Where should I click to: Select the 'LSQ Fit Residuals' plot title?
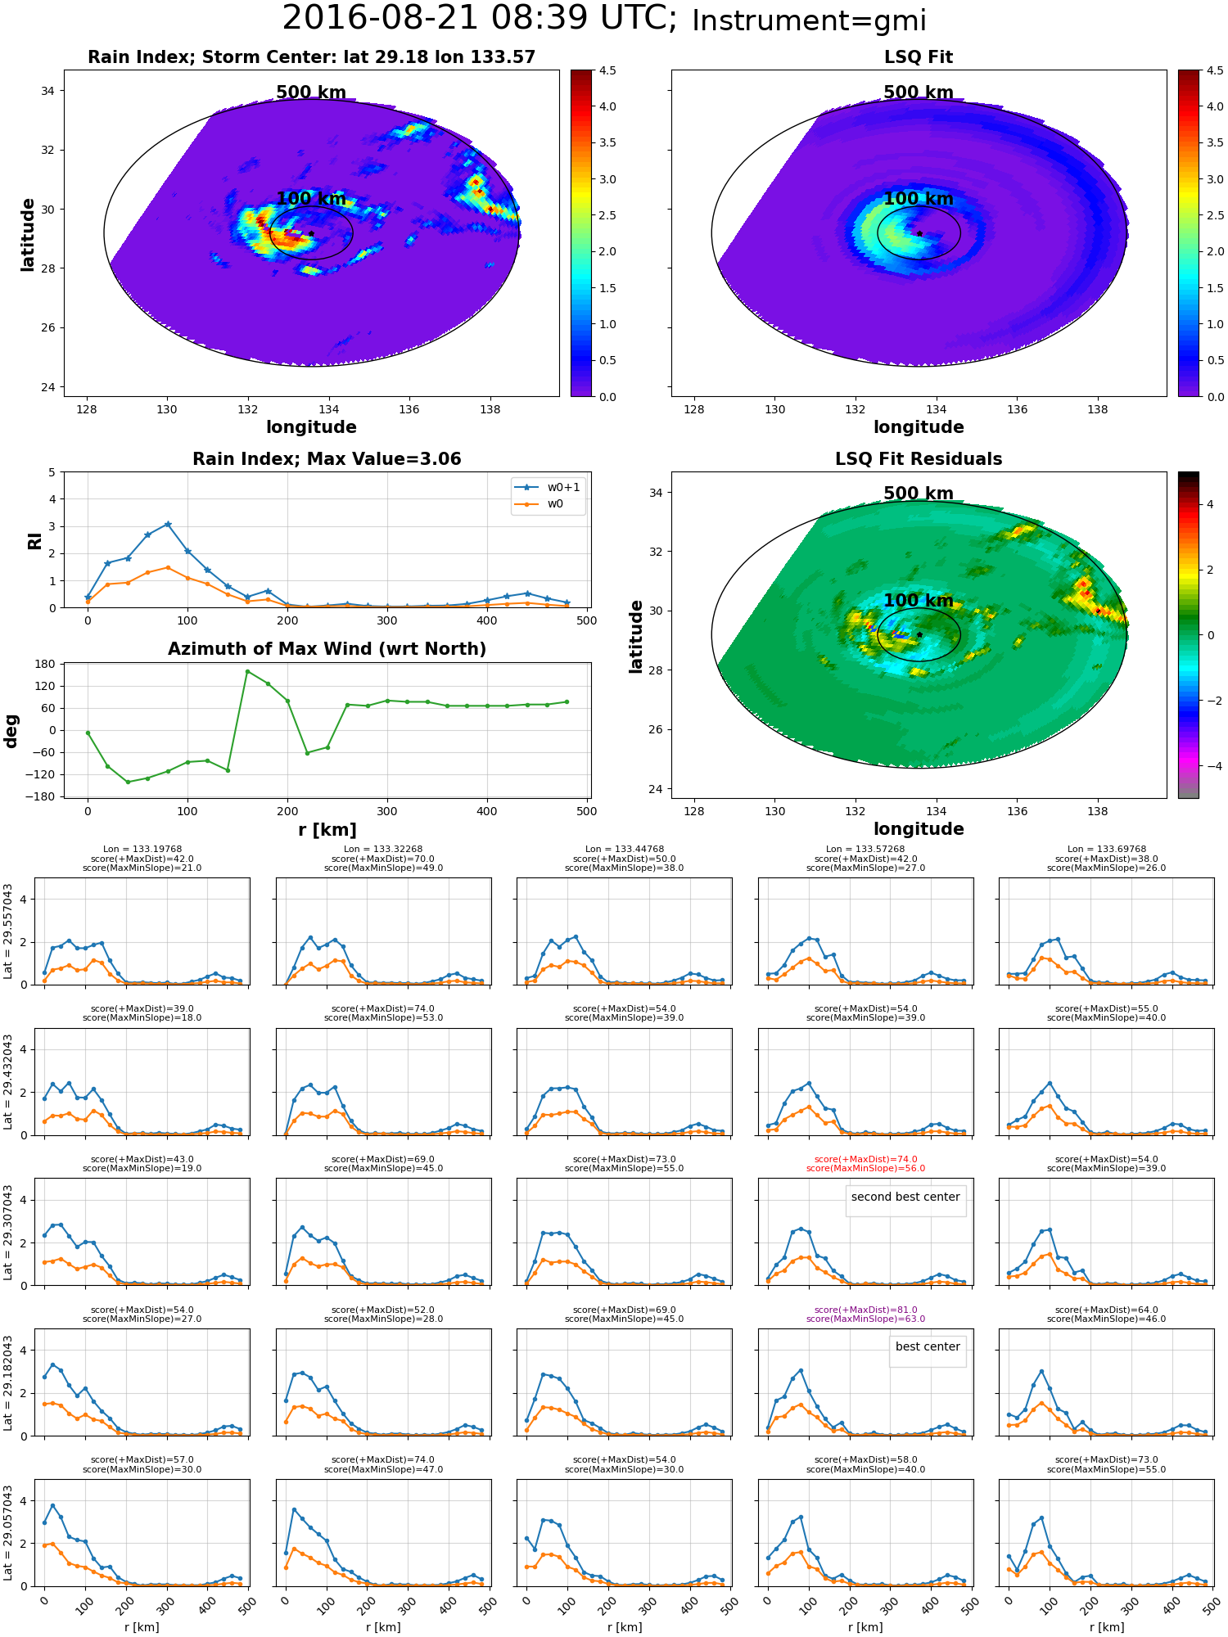coord(919,459)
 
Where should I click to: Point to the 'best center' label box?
coord(928,1346)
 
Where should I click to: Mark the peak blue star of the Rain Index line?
coord(168,524)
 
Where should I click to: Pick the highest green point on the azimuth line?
coord(247,671)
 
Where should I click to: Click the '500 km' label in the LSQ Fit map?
coord(919,92)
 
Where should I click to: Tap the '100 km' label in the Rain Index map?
coord(311,198)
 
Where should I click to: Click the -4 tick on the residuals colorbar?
coord(1210,766)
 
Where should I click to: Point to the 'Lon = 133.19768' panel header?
coord(142,849)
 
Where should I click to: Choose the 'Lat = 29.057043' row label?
coord(8,1534)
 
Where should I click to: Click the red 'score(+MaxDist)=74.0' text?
coord(865,1159)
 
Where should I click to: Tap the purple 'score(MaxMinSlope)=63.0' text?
coord(865,1319)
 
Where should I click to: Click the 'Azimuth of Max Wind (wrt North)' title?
coord(327,649)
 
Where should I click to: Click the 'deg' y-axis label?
coord(11,731)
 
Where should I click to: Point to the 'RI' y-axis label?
coord(34,540)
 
